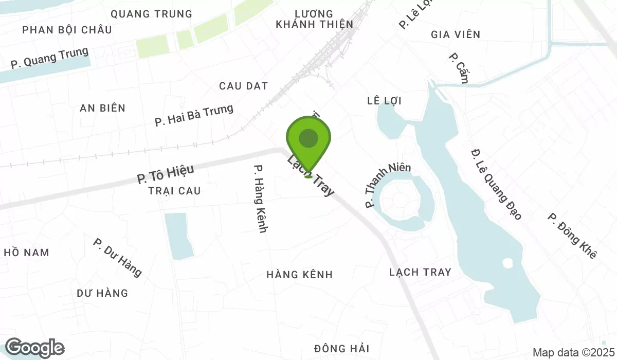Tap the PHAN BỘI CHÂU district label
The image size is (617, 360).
click(67, 30)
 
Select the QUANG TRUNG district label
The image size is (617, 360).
click(151, 14)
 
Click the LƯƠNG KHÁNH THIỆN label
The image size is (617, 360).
click(314, 19)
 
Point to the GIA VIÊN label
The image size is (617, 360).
click(456, 34)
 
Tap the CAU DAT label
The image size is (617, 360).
click(243, 86)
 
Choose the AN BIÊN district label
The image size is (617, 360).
click(102, 108)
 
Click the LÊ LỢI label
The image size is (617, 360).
click(384, 100)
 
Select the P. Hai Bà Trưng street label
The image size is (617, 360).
click(194, 115)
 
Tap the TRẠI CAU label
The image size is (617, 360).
click(174, 191)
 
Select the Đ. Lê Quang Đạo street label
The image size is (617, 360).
click(496, 184)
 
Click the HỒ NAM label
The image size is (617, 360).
click(26, 253)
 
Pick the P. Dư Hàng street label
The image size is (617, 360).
click(117, 257)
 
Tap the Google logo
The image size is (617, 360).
click(34, 348)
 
